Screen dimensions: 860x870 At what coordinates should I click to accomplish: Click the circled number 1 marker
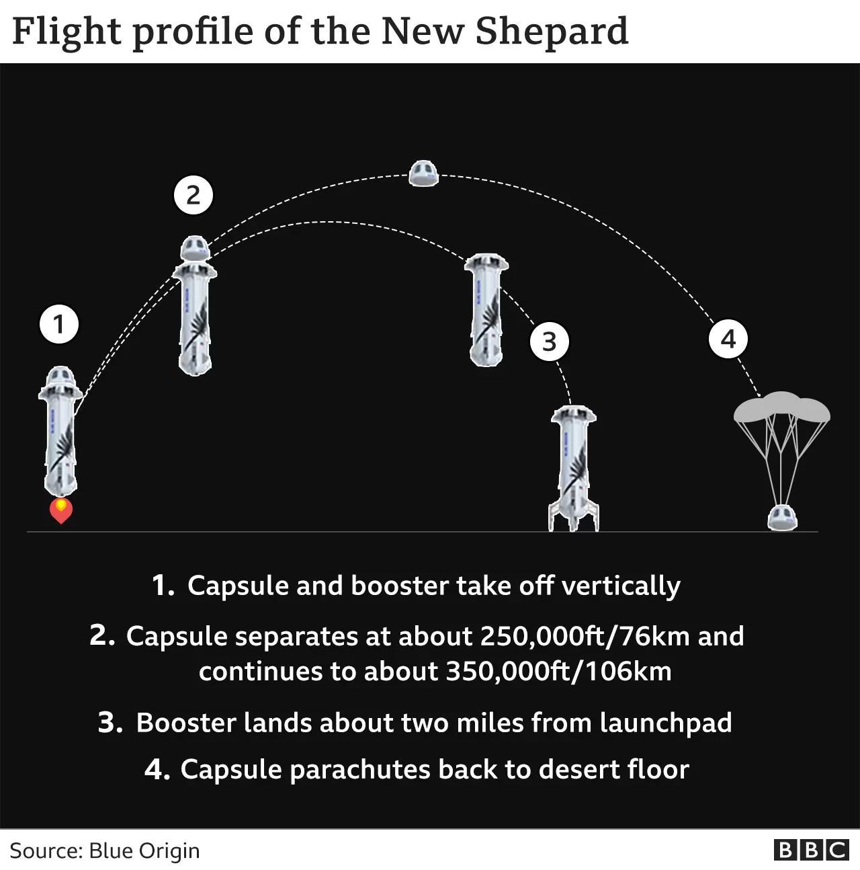[x=59, y=324]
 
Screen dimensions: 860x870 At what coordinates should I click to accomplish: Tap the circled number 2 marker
[x=193, y=195]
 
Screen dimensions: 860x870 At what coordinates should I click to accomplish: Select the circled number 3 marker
[x=549, y=342]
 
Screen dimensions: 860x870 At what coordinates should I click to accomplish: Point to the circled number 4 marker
[x=728, y=339]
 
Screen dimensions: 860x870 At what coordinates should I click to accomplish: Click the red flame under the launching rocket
[x=61, y=510]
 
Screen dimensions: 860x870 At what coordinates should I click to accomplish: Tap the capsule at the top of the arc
[x=423, y=173]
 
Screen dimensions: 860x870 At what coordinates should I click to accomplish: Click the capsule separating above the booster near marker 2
[x=195, y=248]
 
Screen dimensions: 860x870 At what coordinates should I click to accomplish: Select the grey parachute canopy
[x=782, y=407]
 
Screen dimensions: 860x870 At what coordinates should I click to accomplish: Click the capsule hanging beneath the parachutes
[x=782, y=518]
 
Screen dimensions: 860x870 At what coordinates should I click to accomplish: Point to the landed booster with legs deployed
[x=574, y=468]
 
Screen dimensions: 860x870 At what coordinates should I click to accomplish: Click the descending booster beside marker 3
[x=486, y=310]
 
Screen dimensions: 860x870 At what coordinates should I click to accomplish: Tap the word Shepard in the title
[x=552, y=32]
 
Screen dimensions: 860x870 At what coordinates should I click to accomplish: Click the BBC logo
[x=811, y=850]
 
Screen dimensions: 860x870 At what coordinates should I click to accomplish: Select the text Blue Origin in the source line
[x=144, y=851]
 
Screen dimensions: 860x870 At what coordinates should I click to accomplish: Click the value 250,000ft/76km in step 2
[x=585, y=636]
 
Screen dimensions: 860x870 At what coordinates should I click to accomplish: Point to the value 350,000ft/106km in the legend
[x=558, y=671]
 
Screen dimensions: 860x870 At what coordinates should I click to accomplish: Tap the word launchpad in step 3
[x=666, y=723]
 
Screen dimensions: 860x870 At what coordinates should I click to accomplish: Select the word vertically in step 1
[x=621, y=586]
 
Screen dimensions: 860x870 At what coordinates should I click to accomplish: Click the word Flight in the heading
[x=67, y=32]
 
